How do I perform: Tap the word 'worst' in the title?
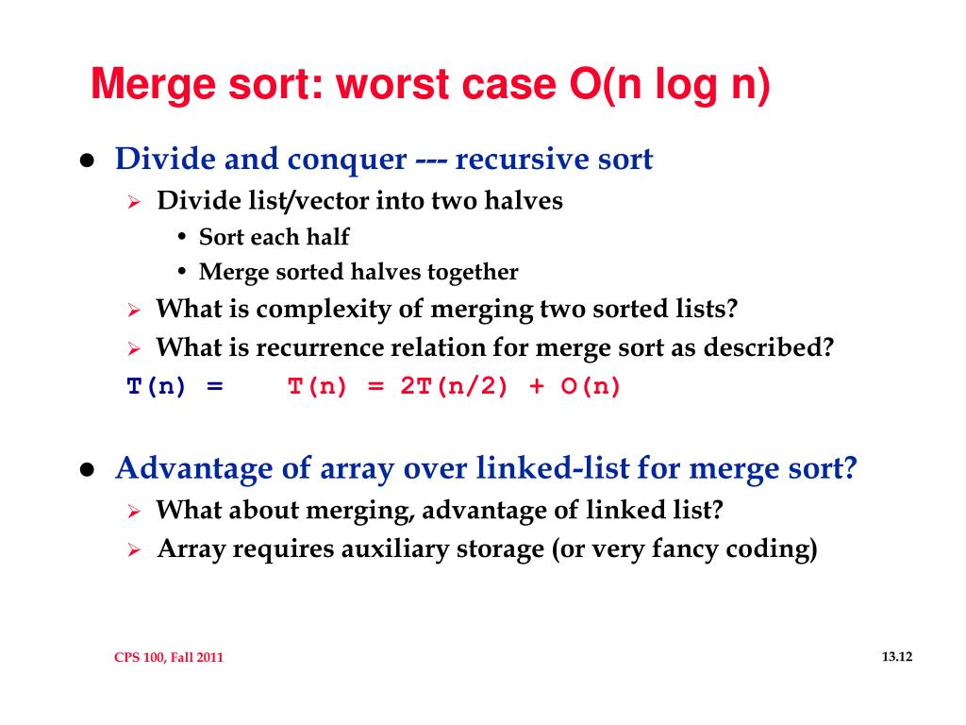[390, 86]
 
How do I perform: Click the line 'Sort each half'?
[274, 237]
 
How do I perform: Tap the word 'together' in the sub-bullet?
[473, 273]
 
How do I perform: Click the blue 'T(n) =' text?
[175, 387]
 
